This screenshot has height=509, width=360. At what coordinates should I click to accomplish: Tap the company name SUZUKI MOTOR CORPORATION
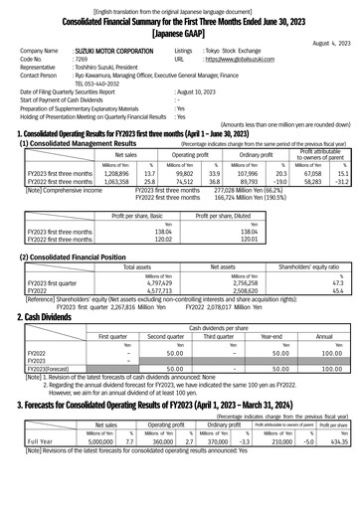click(x=118, y=50)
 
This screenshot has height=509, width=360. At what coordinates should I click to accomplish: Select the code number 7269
click(x=82, y=60)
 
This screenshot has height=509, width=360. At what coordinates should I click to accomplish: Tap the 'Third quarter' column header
click(x=219, y=336)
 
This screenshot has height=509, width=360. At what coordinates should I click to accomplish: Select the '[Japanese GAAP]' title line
click(x=179, y=31)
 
